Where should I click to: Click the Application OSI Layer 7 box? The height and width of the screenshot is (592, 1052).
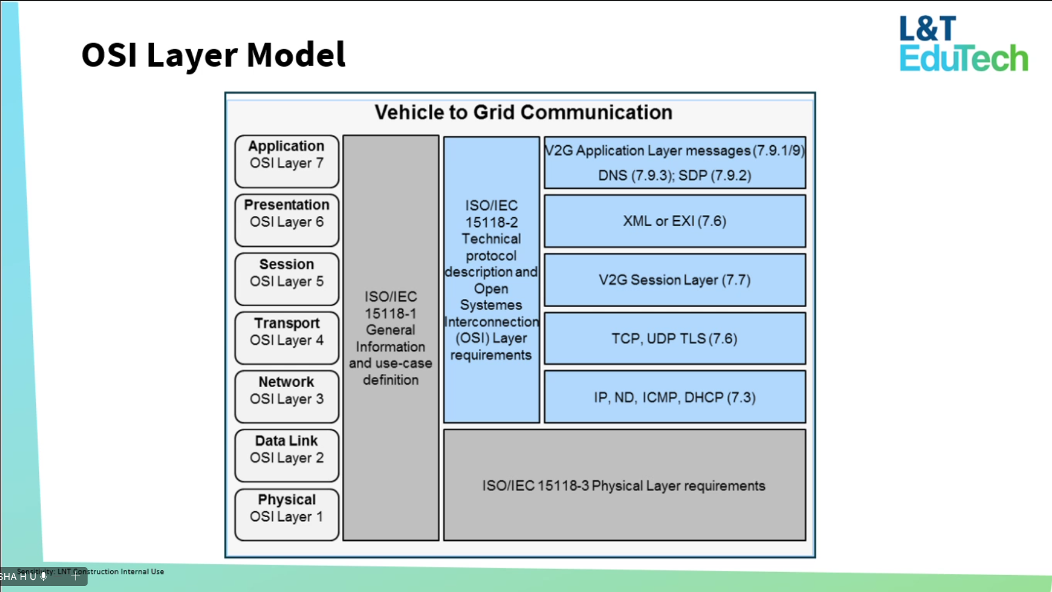287,161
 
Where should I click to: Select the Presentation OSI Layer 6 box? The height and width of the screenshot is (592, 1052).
287,220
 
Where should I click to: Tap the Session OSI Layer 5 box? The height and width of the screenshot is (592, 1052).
287,279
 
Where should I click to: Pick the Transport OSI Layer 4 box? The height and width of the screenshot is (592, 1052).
287,338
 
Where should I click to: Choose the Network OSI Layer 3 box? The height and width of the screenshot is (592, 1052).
287,397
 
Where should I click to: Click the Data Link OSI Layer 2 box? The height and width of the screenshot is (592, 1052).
287,455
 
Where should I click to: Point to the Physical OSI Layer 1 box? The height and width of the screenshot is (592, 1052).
287,514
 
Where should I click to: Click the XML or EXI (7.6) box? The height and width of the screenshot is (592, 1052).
675,221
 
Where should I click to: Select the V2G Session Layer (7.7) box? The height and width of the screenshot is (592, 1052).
675,280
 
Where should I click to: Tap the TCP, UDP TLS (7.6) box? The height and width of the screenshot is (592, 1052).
675,339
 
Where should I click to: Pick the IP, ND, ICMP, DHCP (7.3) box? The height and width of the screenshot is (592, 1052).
675,398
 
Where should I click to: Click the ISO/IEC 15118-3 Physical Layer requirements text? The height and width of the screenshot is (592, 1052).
624,486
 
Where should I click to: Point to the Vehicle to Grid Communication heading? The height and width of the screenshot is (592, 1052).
523,112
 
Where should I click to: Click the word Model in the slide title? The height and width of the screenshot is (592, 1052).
296,55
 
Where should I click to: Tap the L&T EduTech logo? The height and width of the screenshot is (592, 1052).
963,44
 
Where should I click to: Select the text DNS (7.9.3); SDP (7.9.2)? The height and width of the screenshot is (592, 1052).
675,176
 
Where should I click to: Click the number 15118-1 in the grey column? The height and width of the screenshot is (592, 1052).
391,314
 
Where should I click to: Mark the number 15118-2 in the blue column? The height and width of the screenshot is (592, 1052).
492,222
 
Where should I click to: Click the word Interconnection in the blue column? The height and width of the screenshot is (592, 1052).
492,322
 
